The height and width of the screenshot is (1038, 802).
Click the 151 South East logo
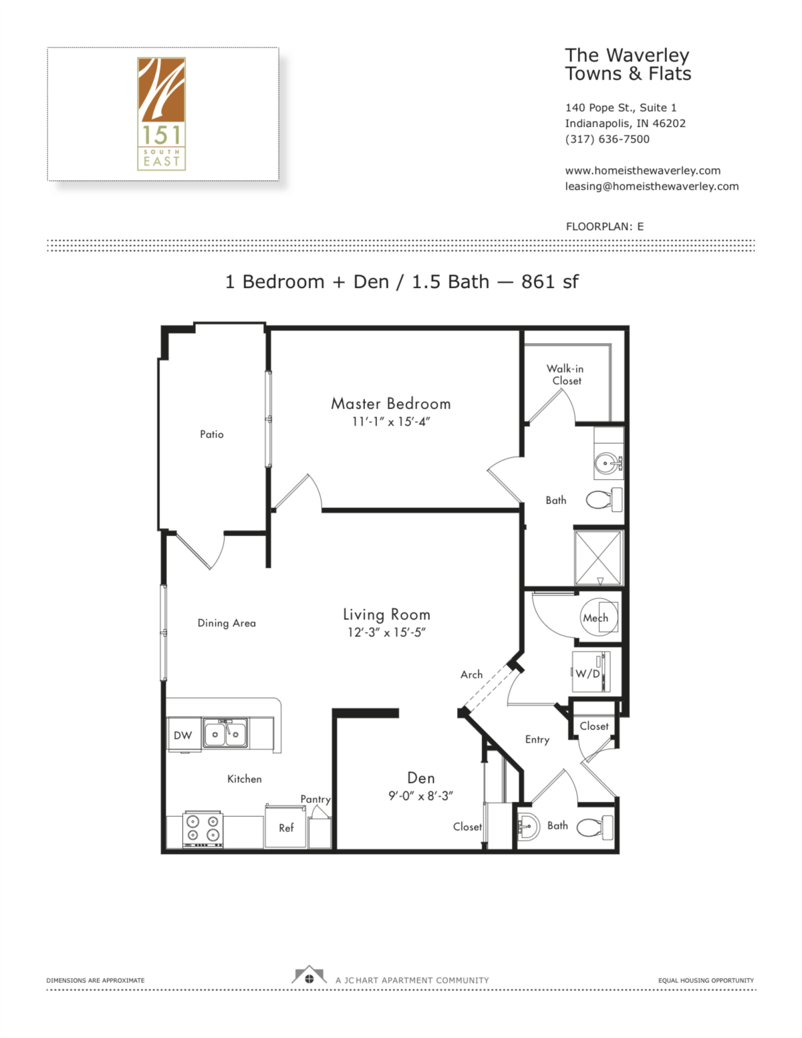162,114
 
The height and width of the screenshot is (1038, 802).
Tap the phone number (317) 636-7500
607,139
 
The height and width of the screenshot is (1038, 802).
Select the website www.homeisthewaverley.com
642,170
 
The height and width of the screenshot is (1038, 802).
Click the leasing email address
652,186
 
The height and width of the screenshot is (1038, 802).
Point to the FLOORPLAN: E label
604,227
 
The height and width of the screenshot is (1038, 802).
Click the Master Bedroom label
391,404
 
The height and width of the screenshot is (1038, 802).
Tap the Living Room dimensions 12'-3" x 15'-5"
386,632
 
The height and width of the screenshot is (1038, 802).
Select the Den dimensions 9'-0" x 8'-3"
420,796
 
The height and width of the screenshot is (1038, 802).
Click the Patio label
212,434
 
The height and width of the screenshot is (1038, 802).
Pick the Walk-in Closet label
565,375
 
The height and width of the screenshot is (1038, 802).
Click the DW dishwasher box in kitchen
183,735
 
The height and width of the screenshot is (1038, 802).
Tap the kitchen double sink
225,733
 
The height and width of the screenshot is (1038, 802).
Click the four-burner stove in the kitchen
203,829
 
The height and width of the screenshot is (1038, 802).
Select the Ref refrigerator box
286,828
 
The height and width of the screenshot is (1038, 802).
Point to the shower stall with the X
599,558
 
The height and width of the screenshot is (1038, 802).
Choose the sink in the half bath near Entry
528,827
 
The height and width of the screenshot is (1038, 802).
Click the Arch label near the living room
471,674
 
